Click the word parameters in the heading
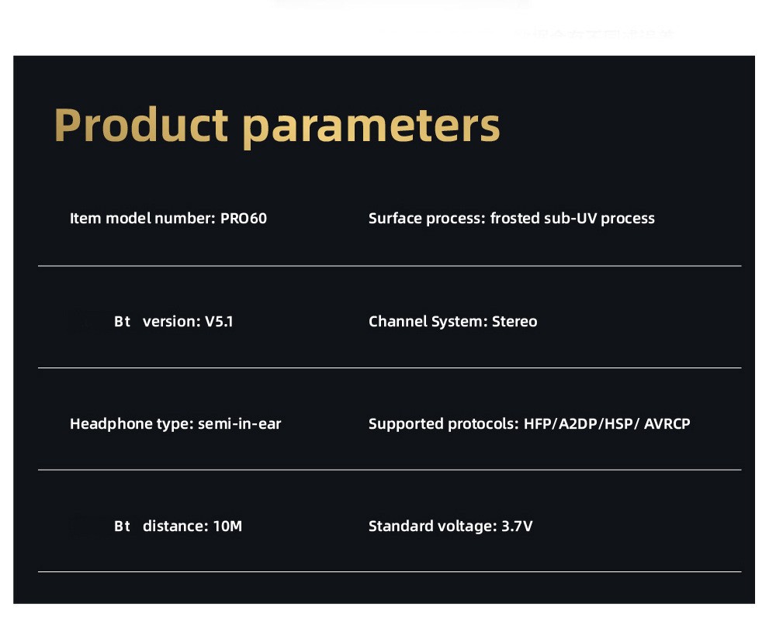point(371,128)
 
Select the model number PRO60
point(244,218)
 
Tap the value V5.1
point(219,322)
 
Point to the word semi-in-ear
point(240,424)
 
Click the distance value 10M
point(227,526)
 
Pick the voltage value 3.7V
point(517,526)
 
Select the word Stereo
point(514,322)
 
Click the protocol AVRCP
point(667,424)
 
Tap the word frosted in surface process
point(514,218)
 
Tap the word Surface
point(395,218)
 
